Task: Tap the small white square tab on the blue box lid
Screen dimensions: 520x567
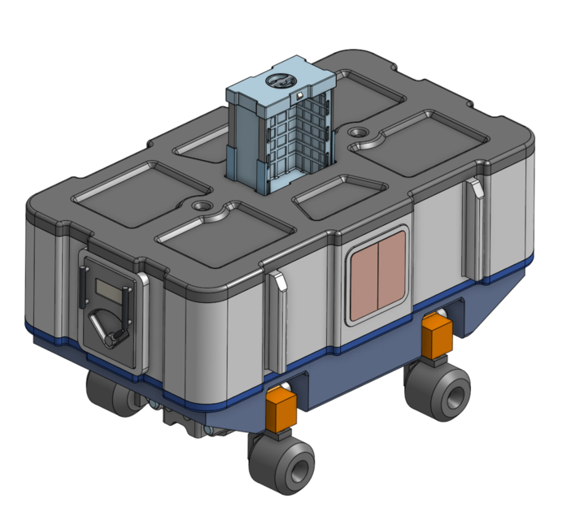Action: click(300, 95)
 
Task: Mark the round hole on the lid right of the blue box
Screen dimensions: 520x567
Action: click(357, 132)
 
